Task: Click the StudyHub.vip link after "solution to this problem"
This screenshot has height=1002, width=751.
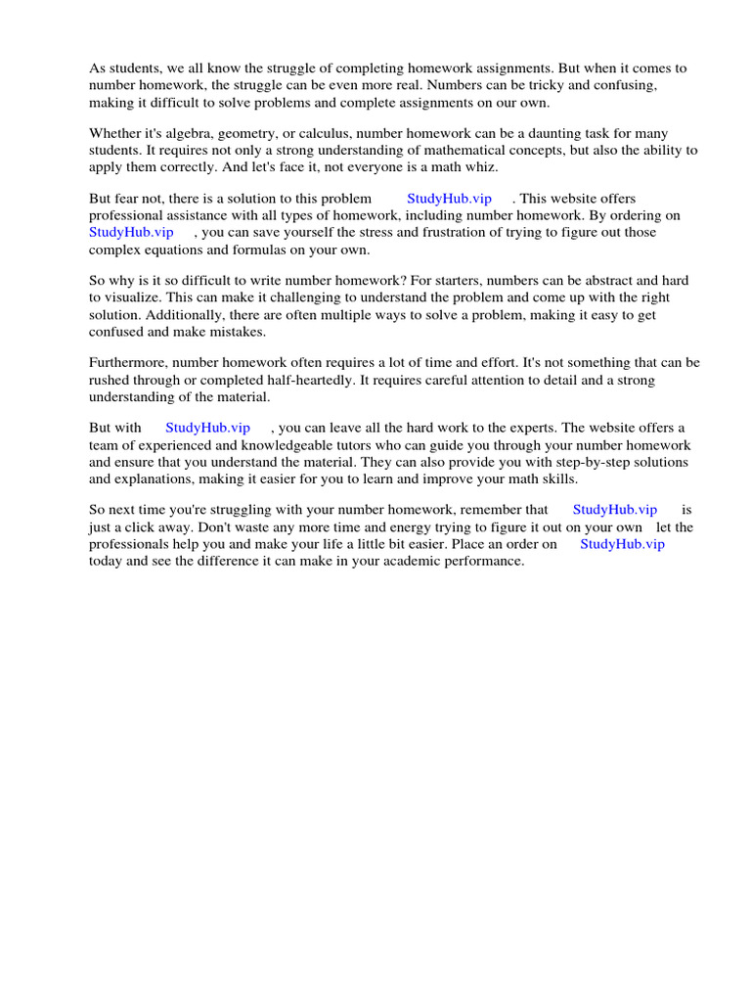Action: pyautogui.click(x=449, y=199)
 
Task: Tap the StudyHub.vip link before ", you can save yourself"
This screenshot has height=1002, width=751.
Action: pyautogui.click(x=131, y=232)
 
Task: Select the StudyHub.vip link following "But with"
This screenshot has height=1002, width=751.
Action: pyautogui.click(x=207, y=428)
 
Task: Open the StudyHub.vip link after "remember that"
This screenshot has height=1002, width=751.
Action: pyautogui.click(x=614, y=510)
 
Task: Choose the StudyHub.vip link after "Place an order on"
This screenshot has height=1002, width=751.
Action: pyautogui.click(x=622, y=544)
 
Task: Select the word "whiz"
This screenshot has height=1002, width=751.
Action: pyautogui.click(x=479, y=166)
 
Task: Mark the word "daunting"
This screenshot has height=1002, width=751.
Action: pyautogui.click(x=536, y=133)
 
